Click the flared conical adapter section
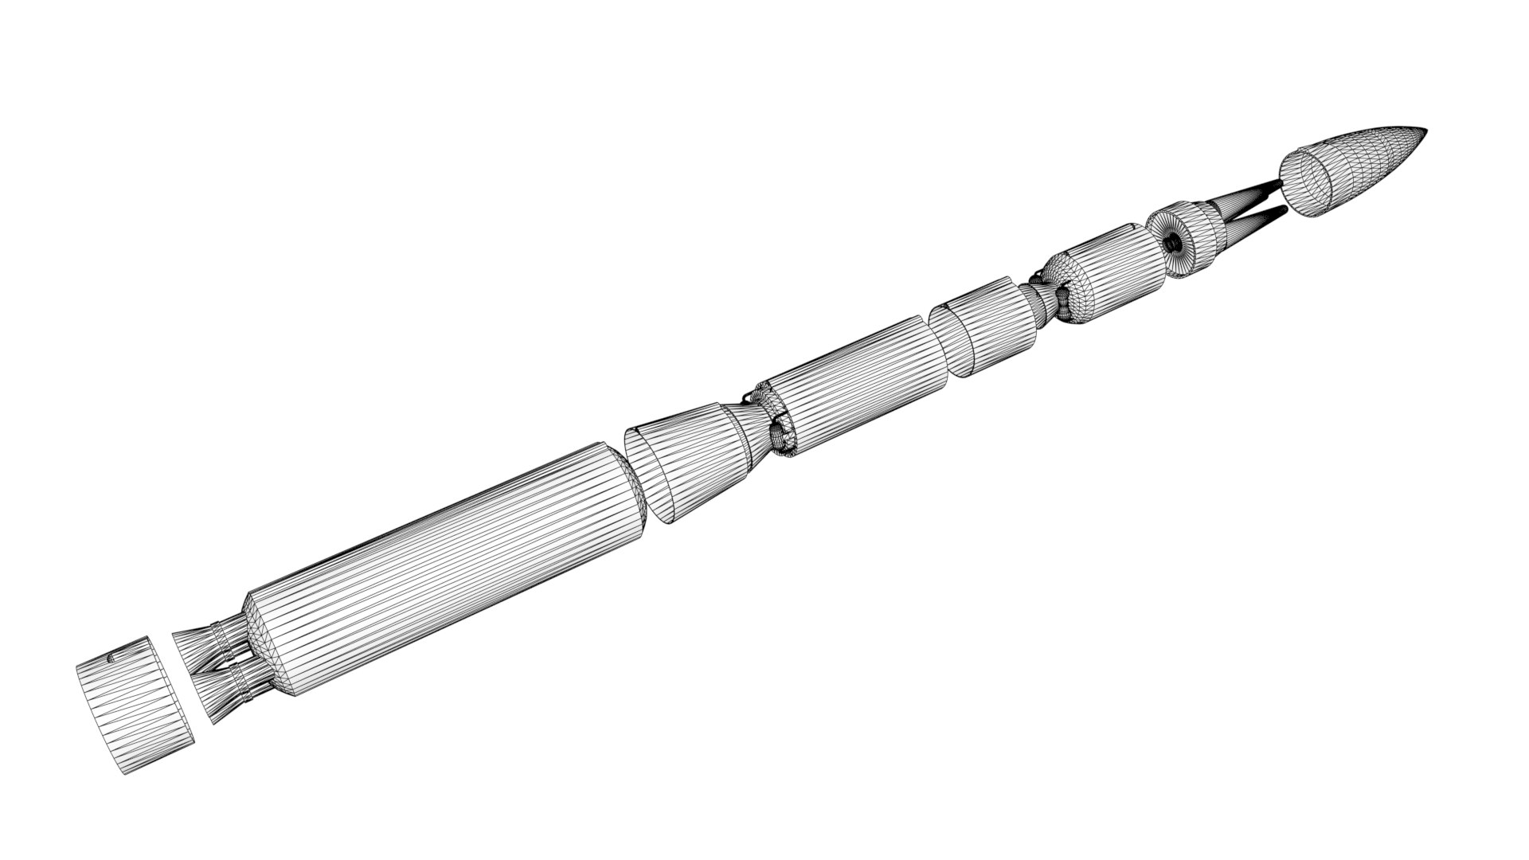pos(693,462)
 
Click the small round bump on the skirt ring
pos(111,658)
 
